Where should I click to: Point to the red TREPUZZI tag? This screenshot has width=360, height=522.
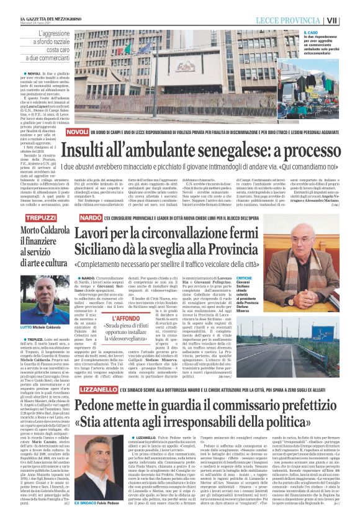tap(40, 220)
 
